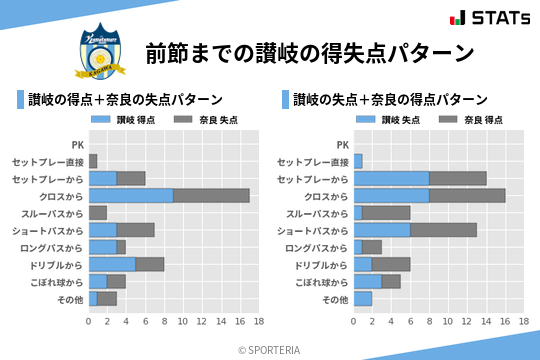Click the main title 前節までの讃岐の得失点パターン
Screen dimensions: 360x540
point(308,52)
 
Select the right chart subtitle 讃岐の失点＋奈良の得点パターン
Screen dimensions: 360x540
point(390,100)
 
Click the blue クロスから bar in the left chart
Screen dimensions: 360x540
point(131,196)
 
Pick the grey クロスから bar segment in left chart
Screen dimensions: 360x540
point(211,196)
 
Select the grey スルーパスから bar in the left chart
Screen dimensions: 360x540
point(98,213)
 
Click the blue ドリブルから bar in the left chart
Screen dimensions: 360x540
point(112,264)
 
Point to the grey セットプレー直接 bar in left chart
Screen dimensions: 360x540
point(93,161)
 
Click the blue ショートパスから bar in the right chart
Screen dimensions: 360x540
point(381,230)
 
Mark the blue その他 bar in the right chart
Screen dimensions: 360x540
point(362,298)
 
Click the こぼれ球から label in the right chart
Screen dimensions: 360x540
point(323,282)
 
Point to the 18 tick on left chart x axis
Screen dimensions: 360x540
point(258,322)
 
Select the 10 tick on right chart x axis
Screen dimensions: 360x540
point(447,322)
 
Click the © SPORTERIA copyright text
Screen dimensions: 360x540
point(270,349)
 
